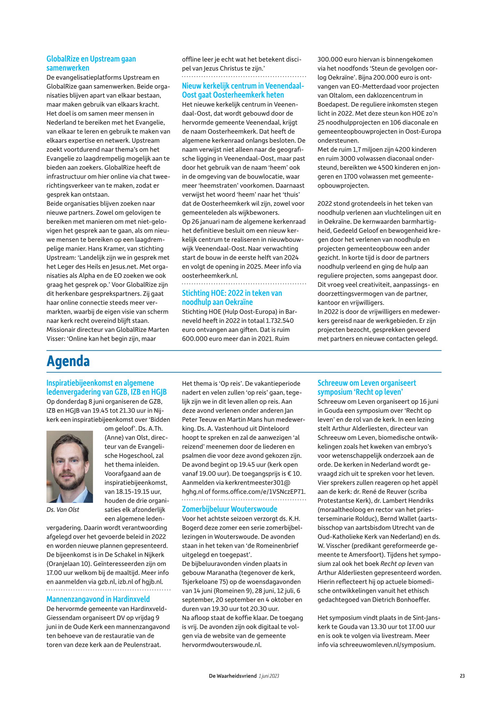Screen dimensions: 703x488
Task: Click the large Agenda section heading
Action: [68, 362]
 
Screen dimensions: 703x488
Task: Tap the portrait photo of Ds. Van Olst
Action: [70, 466]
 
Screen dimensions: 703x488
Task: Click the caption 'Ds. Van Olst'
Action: [63, 510]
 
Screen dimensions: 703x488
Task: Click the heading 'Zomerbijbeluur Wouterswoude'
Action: [229, 509]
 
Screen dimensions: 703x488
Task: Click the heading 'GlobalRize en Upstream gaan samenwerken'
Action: [91, 63]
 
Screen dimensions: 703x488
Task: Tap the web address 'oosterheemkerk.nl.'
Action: [210, 275]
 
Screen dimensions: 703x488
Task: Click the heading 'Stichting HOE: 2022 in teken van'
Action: [232, 293]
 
